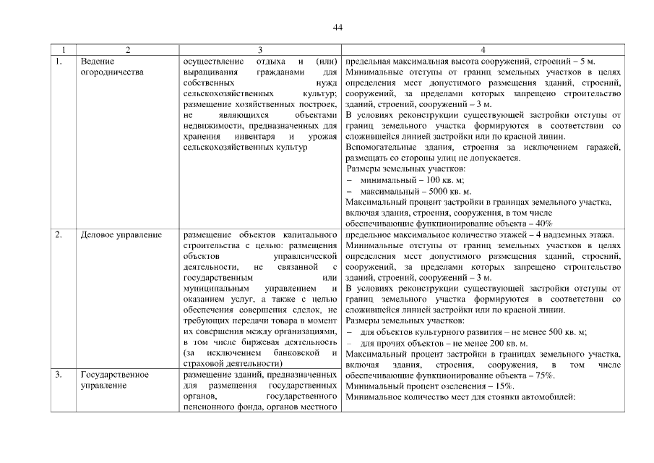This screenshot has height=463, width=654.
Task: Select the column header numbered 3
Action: (259, 50)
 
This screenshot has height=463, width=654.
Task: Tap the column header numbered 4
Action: (482, 50)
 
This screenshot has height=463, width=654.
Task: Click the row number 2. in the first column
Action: (59, 235)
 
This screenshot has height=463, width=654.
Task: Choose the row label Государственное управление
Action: (115, 380)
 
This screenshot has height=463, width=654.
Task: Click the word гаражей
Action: (601, 148)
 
